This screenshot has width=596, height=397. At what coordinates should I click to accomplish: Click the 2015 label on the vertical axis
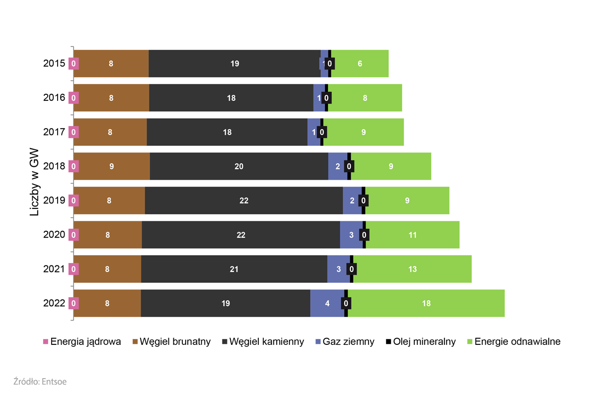(54, 64)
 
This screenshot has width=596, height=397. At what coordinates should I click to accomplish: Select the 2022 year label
(54, 303)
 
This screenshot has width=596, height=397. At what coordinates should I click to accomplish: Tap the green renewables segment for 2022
(426, 303)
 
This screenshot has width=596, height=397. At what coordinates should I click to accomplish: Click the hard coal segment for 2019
(243, 200)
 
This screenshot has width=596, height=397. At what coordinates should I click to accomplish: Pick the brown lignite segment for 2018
(112, 166)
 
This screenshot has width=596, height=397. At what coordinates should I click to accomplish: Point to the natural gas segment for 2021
(338, 269)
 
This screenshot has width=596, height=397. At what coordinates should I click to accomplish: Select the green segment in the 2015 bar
(360, 64)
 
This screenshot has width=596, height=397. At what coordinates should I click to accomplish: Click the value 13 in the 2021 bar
(412, 269)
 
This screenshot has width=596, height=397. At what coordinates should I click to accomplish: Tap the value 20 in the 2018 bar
(239, 166)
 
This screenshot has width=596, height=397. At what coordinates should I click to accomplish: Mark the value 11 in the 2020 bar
(413, 235)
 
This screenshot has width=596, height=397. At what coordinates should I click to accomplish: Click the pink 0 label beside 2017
(74, 132)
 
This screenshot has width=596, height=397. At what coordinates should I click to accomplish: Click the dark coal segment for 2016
(231, 98)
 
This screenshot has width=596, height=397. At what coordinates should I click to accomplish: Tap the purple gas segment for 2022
(327, 303)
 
